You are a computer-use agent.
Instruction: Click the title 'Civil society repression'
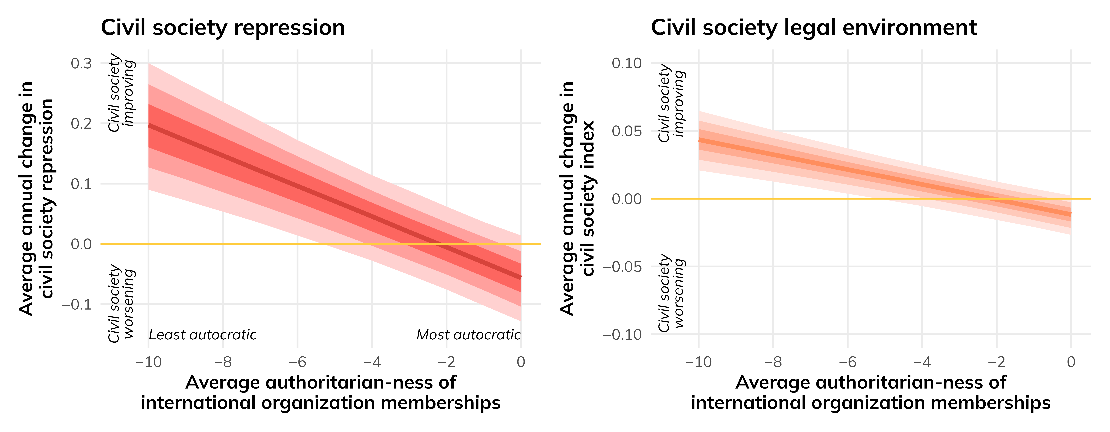pyautogui.click(x=223, y=28)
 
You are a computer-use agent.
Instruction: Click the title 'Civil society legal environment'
pyautogui.click(x=814, y=28)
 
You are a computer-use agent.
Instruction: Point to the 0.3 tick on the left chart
pyautogui.click(x=81, y=63)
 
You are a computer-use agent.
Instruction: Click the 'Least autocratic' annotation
pyautogui.click(x=203, y=335)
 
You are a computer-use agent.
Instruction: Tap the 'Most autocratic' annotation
pyautogui.click(x=468, y=335)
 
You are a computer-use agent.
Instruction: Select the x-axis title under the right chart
pyautogui.click(x=871, y=392)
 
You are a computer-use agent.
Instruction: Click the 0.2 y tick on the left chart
pyautogui.click(x=81, y=124)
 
